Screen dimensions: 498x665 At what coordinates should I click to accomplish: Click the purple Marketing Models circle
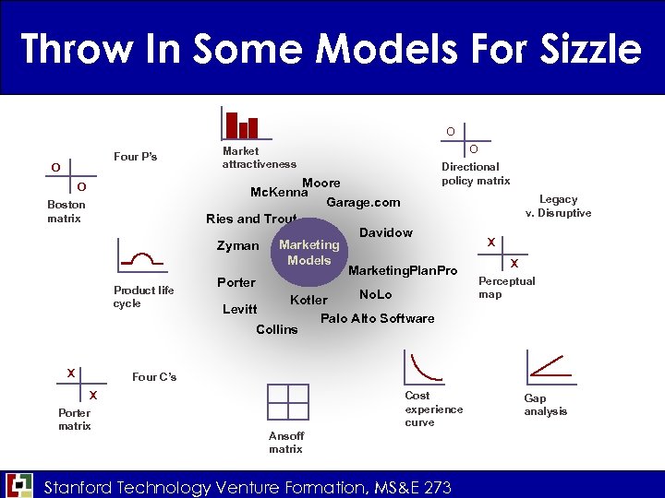tap(309, 252)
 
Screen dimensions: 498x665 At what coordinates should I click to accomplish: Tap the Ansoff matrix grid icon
tap(287, 402)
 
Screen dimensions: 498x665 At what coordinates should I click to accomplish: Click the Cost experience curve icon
tap(422, 367)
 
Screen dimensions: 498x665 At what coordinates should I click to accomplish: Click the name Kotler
tap(308, 300)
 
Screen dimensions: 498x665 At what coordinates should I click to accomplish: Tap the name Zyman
tap(237, 246)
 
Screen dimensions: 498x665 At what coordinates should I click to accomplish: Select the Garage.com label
tap(363, 202)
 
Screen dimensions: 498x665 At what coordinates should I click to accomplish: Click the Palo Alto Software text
tap(377, 318)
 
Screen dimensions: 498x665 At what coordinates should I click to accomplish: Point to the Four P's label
tap(135, 157)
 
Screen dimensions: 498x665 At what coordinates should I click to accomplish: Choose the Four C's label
tap(154, 376)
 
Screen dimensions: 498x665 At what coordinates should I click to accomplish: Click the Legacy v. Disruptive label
tap(558, 206)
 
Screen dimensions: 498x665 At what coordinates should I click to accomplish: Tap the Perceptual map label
tap(506, 288)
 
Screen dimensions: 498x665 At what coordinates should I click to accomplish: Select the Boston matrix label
tap(66, 211)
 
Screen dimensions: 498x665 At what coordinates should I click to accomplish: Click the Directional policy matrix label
tap(475, 173)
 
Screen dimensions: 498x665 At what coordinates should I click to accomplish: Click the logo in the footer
tap(19, 485)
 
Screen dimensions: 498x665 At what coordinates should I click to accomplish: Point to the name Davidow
tap(386, 232)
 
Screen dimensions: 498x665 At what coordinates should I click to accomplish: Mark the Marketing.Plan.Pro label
tap(403, 269)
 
